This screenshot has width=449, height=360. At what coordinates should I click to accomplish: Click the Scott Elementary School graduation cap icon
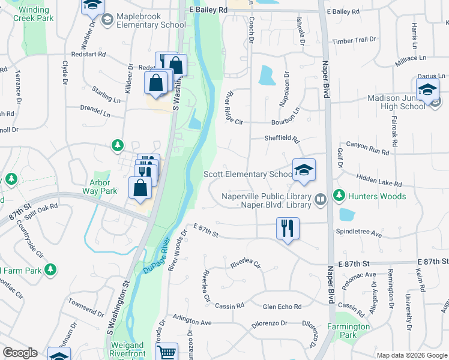point(304,169)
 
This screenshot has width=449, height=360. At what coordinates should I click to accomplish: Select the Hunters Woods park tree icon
point(339,196)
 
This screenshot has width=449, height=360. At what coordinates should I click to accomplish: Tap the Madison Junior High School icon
point(427,90)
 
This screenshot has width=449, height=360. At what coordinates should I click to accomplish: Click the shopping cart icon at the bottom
point(167,353)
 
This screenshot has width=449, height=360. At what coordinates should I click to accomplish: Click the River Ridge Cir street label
point(233,108)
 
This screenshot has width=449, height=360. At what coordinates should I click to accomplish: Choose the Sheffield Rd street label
point(282,138)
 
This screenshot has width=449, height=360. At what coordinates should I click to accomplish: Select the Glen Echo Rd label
point(282,307)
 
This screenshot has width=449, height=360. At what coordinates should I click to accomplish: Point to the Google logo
point(20,353)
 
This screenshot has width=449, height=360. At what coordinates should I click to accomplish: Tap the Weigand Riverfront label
point(127,350)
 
